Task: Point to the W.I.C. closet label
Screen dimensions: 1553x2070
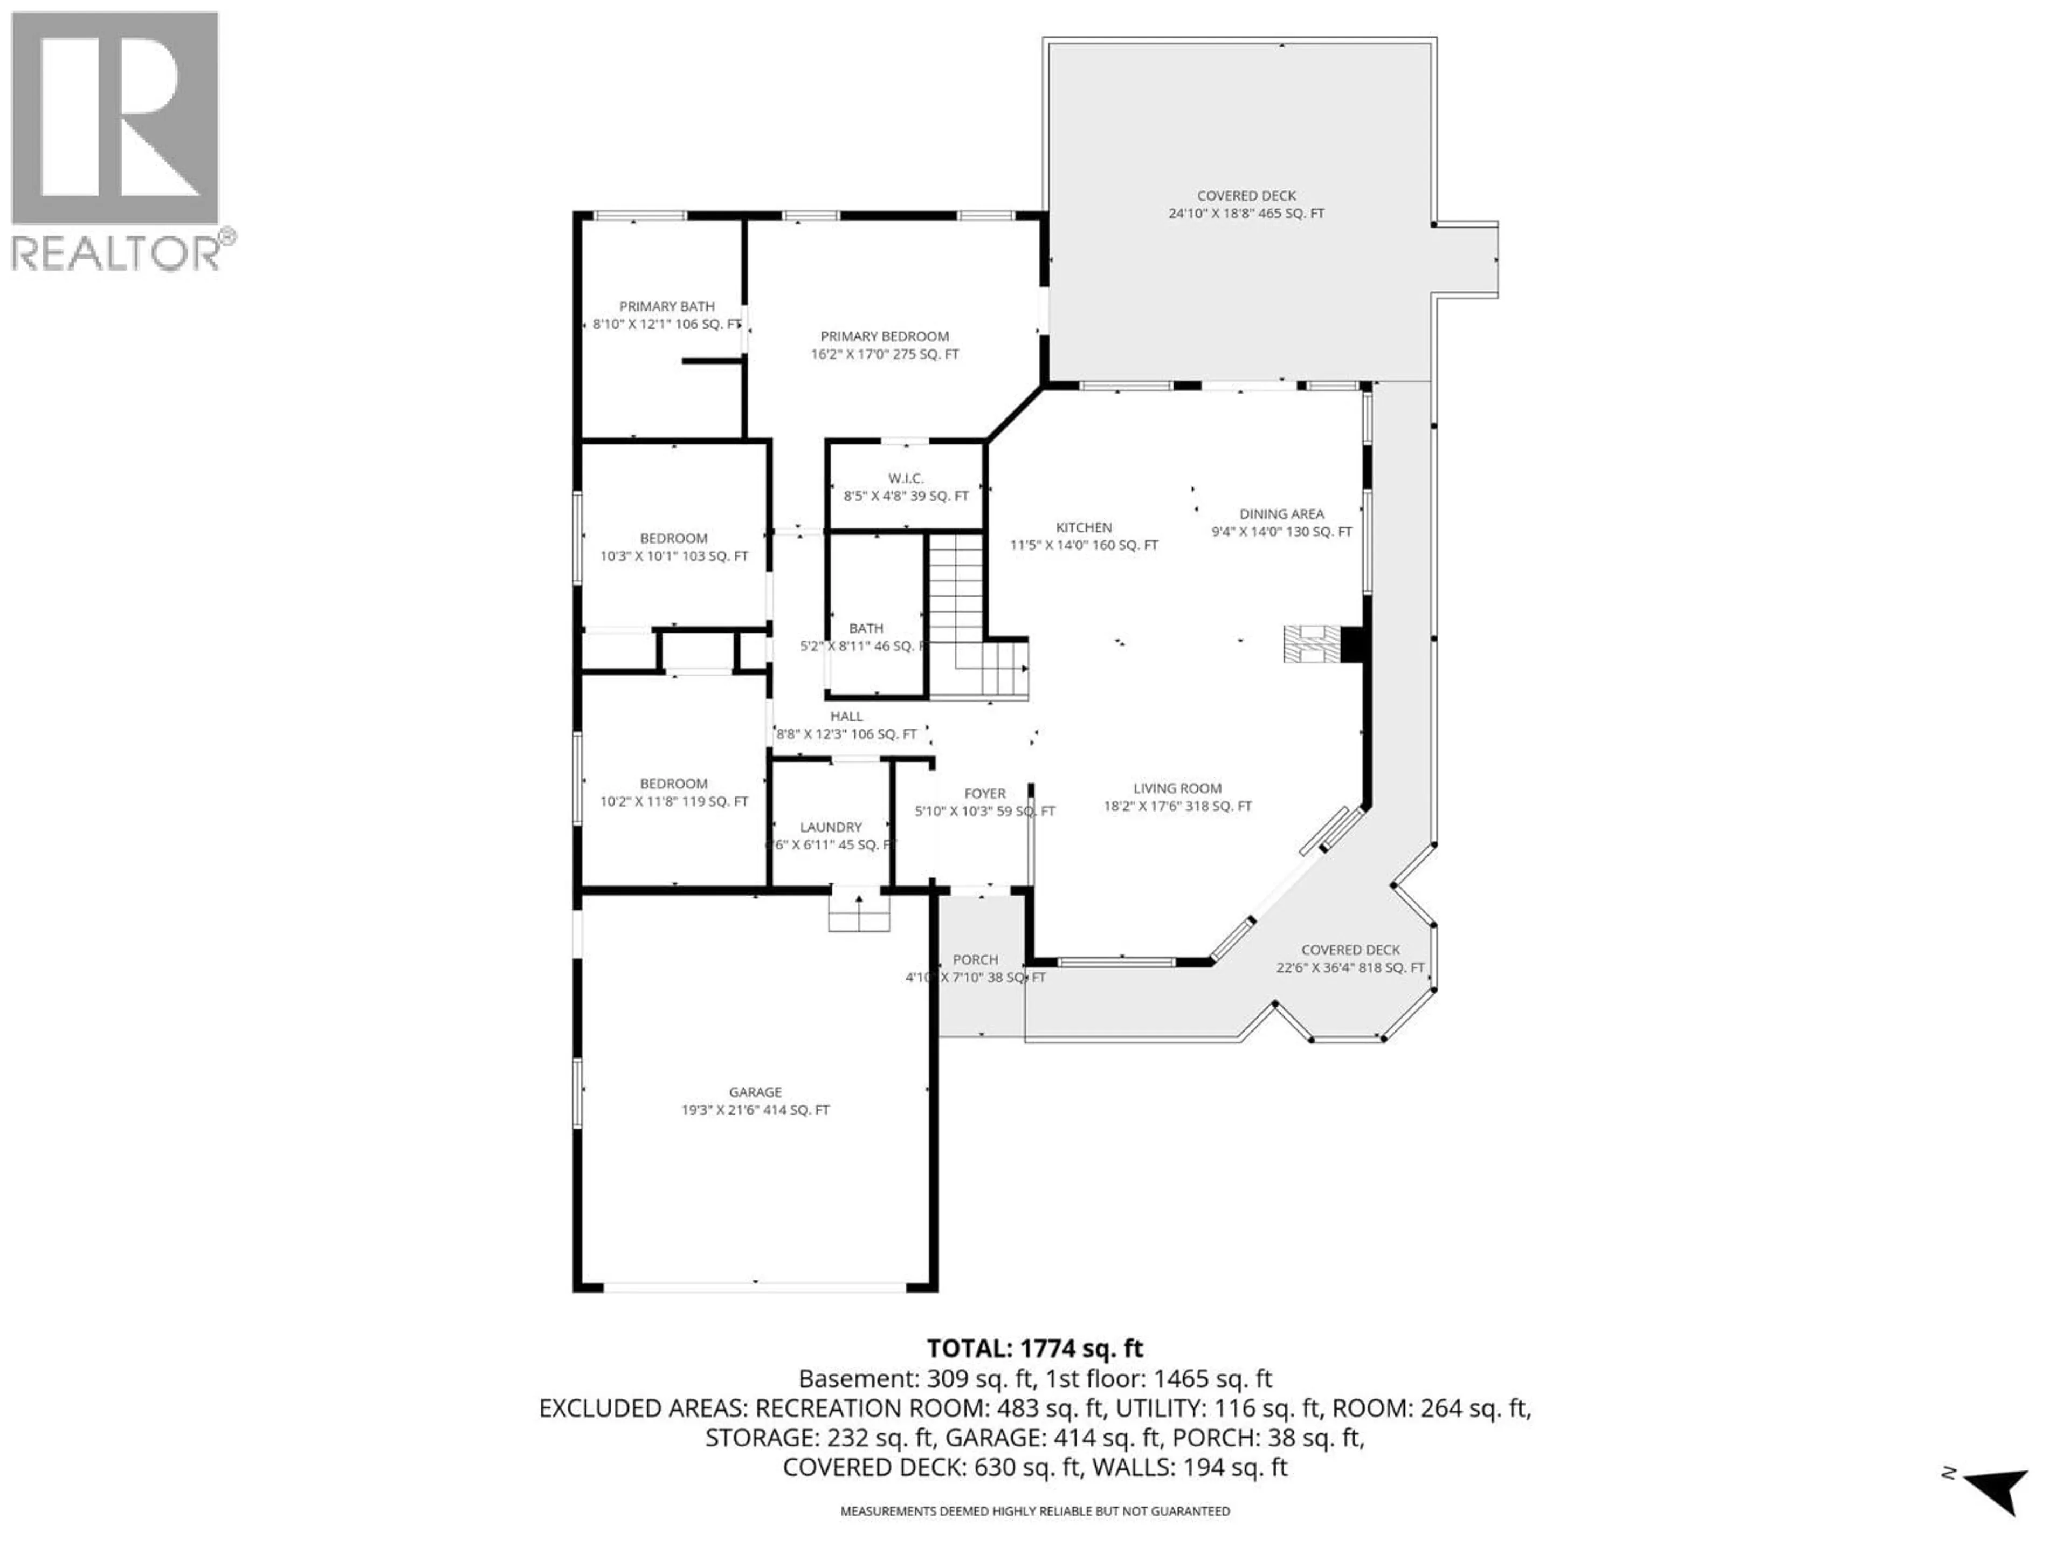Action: [x=906, y=487]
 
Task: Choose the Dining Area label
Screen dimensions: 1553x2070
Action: [x=1281, y=523]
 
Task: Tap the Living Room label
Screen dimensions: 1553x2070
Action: [x=1177, y=796]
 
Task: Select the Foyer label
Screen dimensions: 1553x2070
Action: [x=984, y=802]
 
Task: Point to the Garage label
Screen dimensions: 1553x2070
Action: [x=755, y=1101]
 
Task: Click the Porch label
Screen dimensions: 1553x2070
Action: [x=975, y=968]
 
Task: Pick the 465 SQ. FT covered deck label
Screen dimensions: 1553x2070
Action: [x=1246, y=204]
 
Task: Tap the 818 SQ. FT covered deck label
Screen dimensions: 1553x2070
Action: [x=1349, y=959]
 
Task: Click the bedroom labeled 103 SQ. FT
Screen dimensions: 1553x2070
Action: [x=674, y=547]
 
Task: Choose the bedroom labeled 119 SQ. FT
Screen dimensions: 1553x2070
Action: [x=674, y=792]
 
